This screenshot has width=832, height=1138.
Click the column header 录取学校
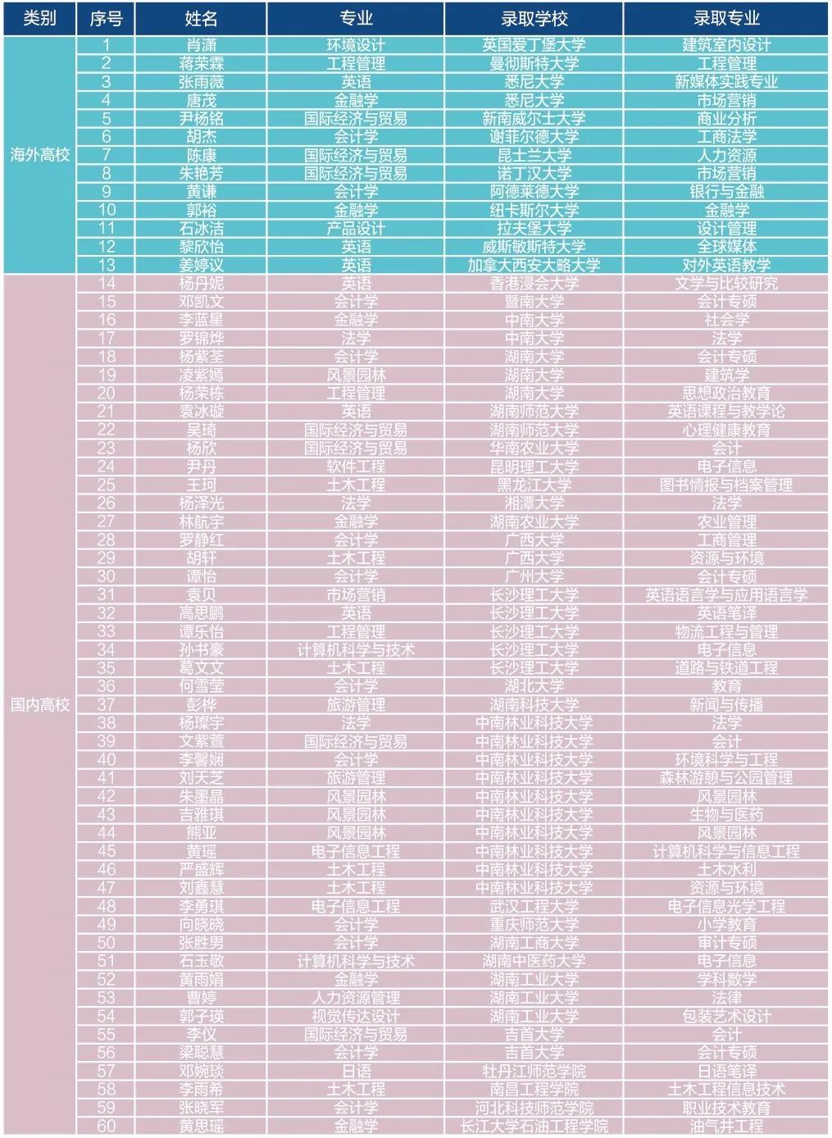point(534,18)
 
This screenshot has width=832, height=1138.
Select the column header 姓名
point(201,18)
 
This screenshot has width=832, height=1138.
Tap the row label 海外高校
point(39,154)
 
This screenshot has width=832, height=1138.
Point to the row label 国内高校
point(39,704)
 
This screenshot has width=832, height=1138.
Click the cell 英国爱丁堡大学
point(534,45)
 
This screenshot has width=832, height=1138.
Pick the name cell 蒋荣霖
point(201,63)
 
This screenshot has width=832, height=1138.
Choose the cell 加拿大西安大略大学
point(534,265)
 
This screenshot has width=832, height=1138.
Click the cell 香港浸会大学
point(534,283)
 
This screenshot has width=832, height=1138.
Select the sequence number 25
point(107,485)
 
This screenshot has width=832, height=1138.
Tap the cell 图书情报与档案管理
point(726,485)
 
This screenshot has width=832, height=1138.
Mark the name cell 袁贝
point(201,594)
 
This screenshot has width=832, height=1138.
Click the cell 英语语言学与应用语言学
point(726,594)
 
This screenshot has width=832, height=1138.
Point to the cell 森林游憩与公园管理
point(726,777)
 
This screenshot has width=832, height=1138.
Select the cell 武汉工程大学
point(534,906)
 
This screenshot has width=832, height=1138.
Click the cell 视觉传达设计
point(356,1016)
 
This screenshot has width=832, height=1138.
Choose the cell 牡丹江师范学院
point(534,1071)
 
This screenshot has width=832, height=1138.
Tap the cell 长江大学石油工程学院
point(534,1126)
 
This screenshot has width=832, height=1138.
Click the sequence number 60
point(107,1126)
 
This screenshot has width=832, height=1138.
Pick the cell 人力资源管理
point(356,998)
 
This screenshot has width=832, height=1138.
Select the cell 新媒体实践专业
point(726,81)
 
